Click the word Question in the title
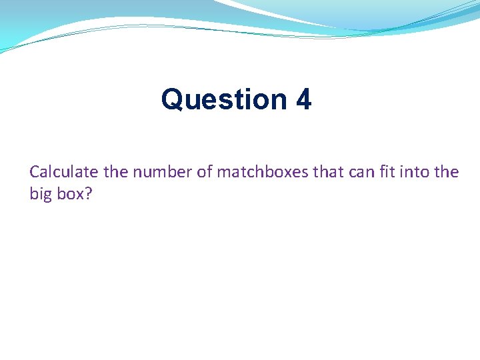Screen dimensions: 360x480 (224, 100)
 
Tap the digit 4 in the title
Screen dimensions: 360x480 (303, 100)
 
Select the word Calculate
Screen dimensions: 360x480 (63, 172)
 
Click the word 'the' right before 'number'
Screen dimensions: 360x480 (115, 172)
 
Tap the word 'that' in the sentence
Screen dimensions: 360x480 (327, 172)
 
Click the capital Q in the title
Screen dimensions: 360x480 (171, 100)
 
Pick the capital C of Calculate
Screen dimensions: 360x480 (35, 172)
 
